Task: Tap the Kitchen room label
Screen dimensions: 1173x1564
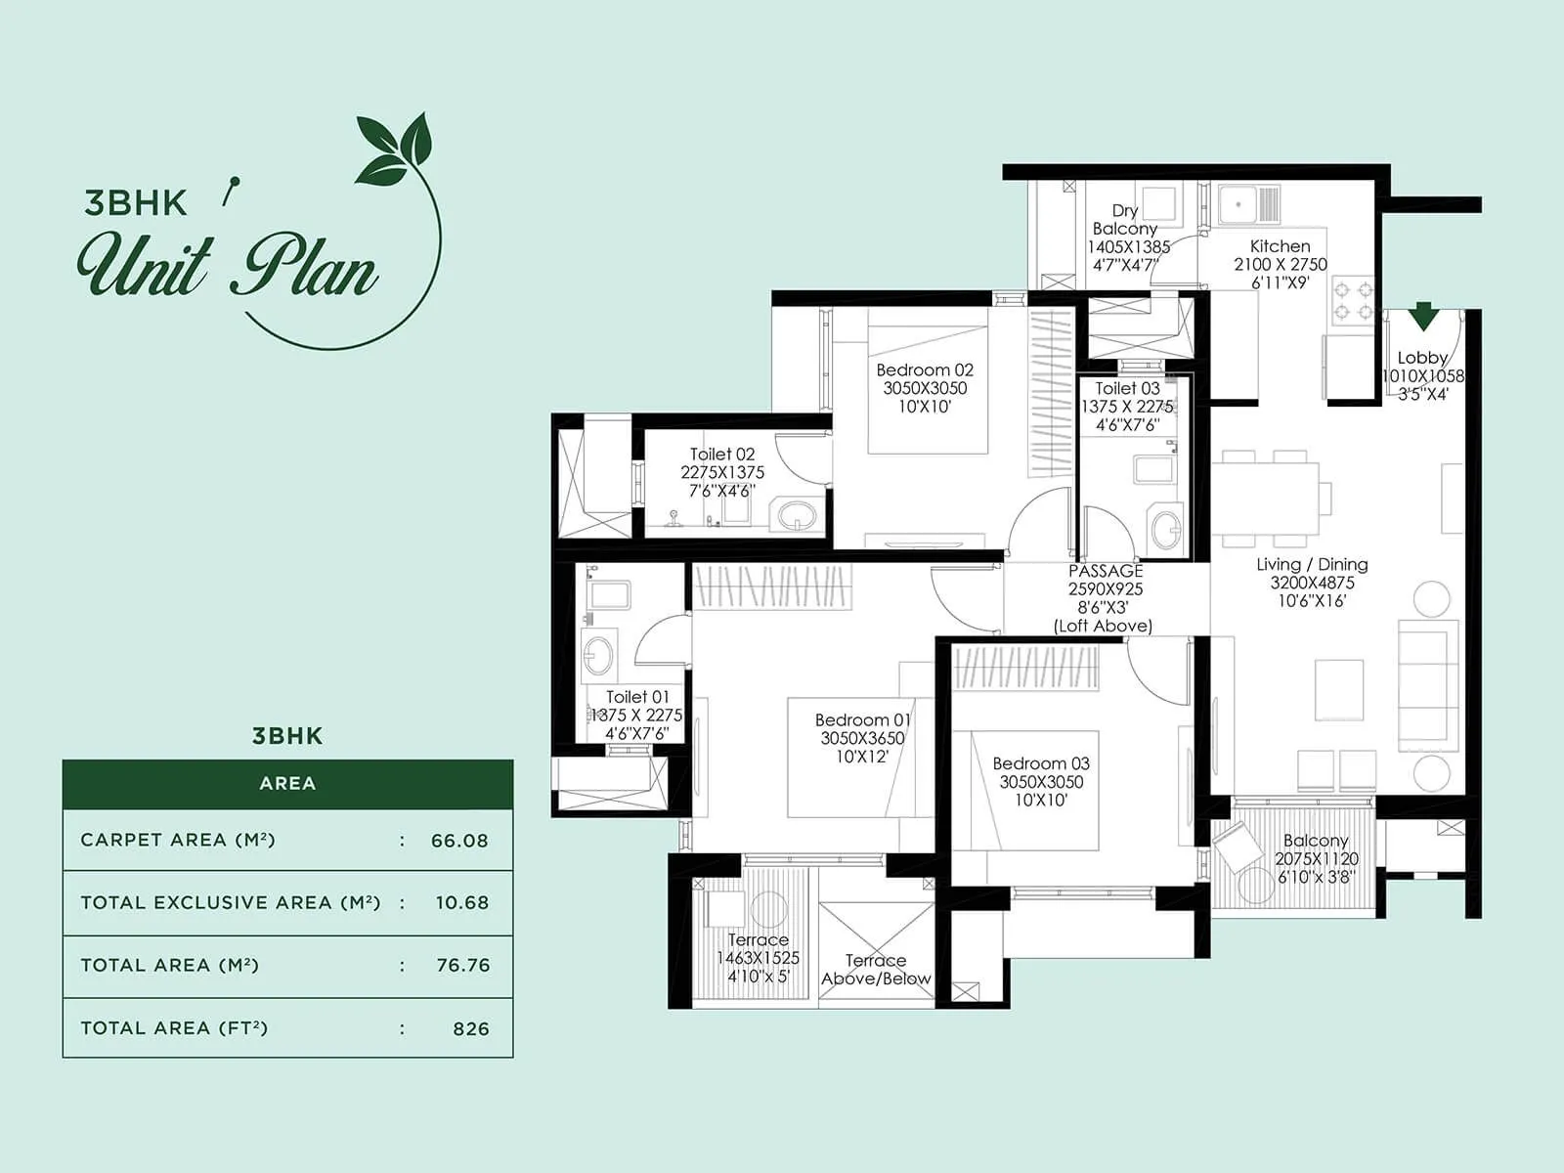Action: click(1280, 246)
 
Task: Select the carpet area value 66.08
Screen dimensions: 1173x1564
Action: click(458, 841)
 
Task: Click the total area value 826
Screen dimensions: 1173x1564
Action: click(470, 1028)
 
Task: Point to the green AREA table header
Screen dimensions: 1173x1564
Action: click(287, 784)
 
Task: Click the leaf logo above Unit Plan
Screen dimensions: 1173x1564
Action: click(393, 149)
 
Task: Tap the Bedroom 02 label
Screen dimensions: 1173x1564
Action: click(925, 370)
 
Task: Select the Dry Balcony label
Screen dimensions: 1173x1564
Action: click(1125, 219)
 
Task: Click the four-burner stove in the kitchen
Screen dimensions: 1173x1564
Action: click(1352, 301)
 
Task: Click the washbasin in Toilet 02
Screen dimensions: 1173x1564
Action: click(797, 515)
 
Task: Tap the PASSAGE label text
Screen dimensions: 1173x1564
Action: click(1106, 571)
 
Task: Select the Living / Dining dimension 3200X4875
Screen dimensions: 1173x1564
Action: click(1312, 583)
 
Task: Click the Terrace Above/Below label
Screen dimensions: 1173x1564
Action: click(876, 970)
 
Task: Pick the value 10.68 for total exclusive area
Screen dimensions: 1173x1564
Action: click(461, 903)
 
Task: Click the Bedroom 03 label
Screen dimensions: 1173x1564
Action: click(1040, 763)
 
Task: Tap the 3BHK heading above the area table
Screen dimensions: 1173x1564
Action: click(287, 736)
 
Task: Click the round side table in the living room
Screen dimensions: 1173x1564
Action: click(1432, 598)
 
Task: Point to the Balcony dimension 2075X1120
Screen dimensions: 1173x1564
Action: click(1316, 859)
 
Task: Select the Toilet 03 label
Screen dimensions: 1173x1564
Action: click(1127, 388)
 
